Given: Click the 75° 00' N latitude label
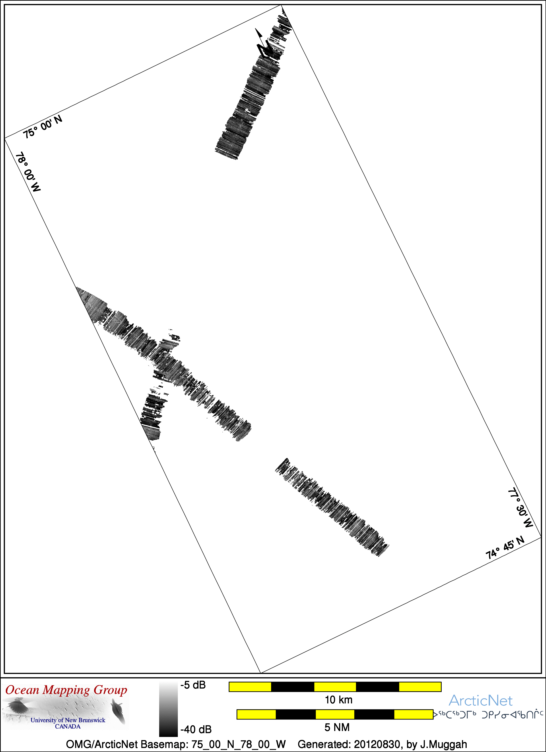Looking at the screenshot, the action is pos(42,127).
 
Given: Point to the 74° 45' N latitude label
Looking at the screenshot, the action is pos(505,548).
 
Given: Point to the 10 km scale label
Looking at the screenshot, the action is pos(338,700).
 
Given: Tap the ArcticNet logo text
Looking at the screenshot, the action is pos(480,701).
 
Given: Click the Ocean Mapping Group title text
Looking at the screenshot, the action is pos(66,690).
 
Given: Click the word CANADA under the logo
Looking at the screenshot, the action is pos(68,727).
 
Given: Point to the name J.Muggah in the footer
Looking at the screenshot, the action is pos(444,744).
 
